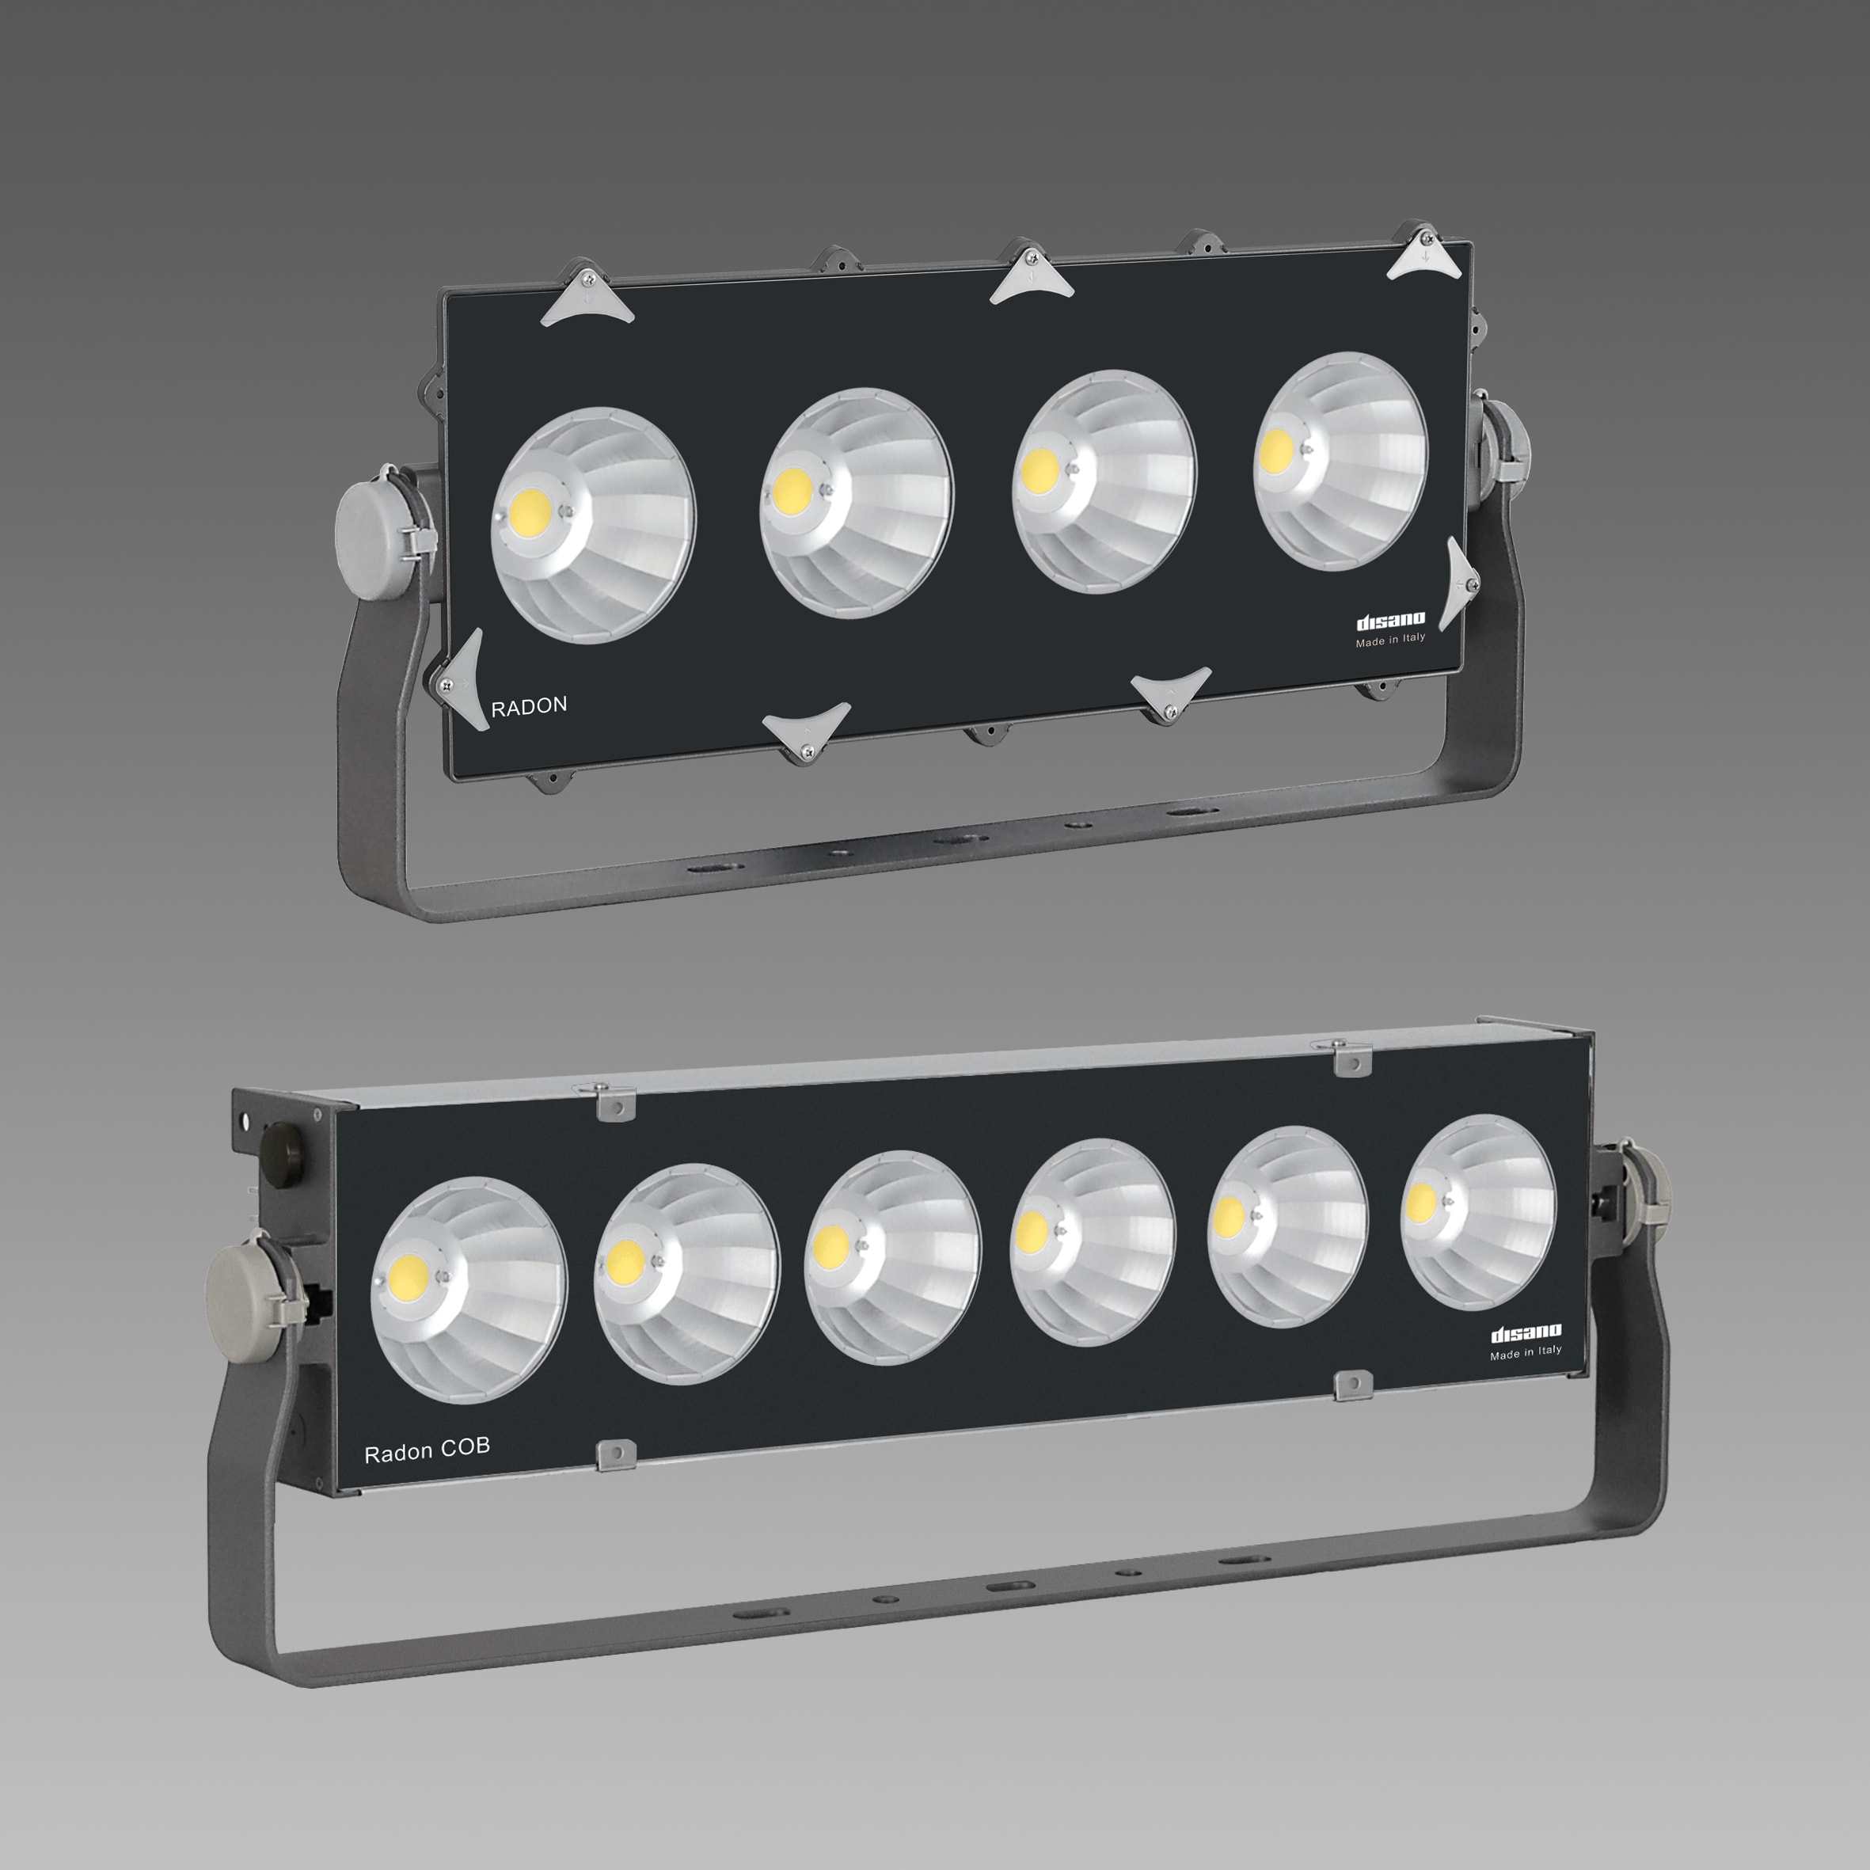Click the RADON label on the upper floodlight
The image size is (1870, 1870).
529,706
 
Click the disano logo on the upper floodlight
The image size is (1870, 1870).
1390,621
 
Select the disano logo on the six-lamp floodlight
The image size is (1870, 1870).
1526,1334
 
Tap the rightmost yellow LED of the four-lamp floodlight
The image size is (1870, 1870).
1275,448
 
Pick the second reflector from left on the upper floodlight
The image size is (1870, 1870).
857,503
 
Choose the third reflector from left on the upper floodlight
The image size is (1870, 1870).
1104,482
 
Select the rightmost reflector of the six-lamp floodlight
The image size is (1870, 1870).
1479,1212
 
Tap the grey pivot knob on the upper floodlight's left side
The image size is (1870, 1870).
369,526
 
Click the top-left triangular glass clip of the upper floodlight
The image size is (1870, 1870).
586,298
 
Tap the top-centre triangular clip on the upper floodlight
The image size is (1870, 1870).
1032,274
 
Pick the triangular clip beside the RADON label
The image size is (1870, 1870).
462,678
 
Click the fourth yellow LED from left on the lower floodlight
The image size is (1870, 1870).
1032,1230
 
